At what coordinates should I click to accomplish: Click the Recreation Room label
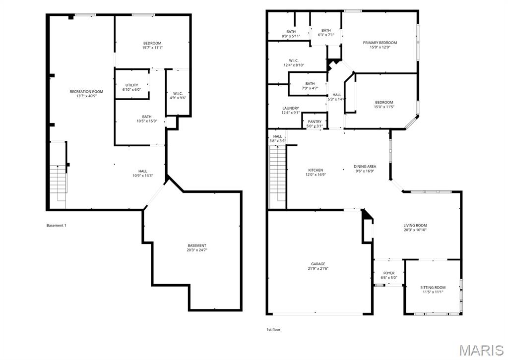[x=86, y=94]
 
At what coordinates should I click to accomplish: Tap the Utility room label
[x=131, y=87]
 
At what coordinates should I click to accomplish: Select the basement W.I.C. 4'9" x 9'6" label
[x=178, y=96]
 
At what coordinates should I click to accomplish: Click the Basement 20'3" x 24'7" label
[x=197, y=248]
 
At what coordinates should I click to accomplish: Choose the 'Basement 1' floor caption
[x=56, y=226]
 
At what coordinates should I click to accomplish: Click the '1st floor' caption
[x=273, y=329]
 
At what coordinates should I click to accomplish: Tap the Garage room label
[x=318, y=266]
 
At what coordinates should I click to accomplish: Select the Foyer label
[x=389, y=275]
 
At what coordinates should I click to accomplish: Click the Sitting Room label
[x=433, y=290]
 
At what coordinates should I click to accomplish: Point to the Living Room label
[x=415, y=228]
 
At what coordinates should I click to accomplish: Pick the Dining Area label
[x=365, y=169]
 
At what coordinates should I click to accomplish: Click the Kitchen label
[x=315, y=172]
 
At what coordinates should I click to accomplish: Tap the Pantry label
[x=315, y=123]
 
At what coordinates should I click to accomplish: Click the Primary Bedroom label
[x=380, y=45]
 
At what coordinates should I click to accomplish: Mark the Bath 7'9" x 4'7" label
[x=310, y=86]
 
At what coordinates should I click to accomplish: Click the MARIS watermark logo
[x=480, y=350]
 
